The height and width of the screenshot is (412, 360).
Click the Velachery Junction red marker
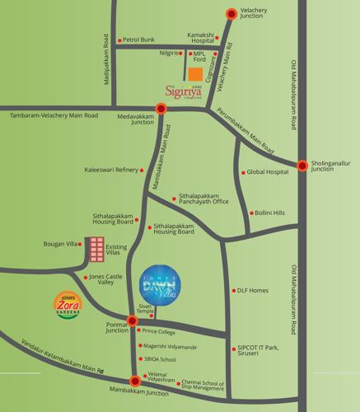click(231, 13)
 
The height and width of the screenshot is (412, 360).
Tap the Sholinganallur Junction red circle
click(302, 166)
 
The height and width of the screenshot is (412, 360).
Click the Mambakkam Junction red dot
click(135, 381)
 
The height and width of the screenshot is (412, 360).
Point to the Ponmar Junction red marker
click(133, 320)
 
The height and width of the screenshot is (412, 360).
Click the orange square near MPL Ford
click(194, 70)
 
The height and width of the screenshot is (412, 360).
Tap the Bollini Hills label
click(269, 213)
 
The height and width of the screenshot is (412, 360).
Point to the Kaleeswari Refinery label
click(111, 171)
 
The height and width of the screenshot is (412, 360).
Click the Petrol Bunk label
click(138, 39)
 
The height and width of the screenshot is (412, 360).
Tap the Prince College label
click(159, 331)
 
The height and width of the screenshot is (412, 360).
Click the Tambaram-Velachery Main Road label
click(49, 115)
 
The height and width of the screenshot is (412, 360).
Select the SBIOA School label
click(160, 359)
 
